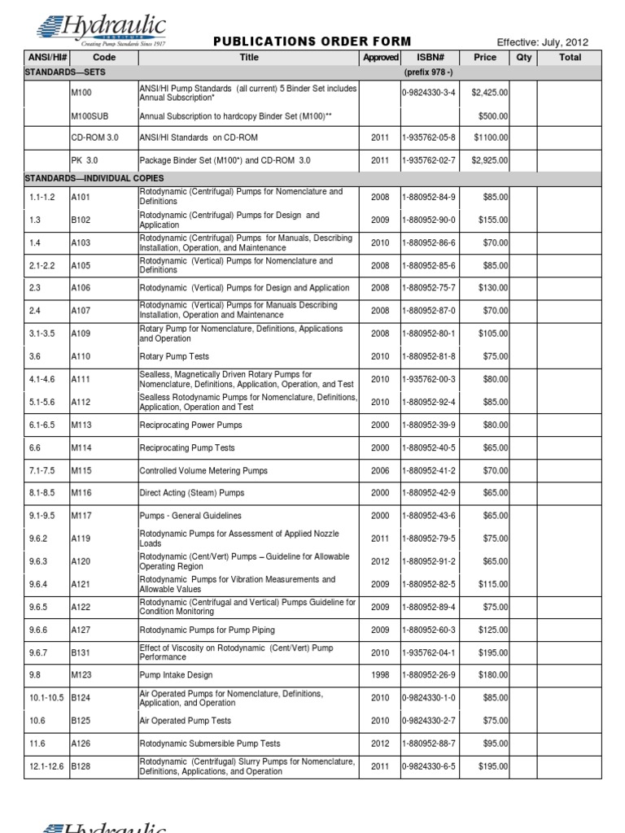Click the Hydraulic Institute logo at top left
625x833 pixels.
tap(102, 30)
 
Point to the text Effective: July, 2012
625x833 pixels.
tap(542, 42)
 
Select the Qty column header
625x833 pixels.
tap(522, 58)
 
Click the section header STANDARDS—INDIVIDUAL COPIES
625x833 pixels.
tap(94, 177)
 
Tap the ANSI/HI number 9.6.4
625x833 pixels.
tap(36, 584)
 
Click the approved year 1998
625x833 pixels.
tap(380, 675)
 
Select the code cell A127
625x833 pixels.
tap(81, 630)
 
